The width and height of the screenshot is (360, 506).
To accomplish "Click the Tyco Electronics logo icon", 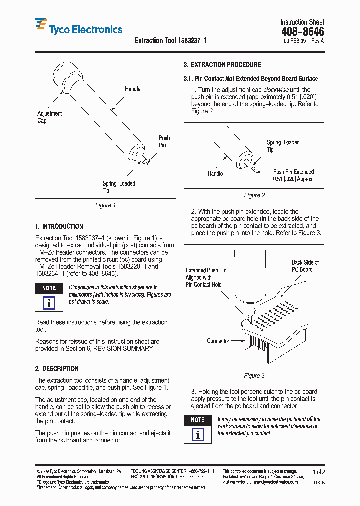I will pos(41,25).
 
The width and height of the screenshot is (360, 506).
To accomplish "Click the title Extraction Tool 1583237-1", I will pos(171,40).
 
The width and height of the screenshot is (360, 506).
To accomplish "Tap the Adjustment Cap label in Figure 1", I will pos(49,117).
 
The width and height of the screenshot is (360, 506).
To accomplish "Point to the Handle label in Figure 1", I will pos(132,89).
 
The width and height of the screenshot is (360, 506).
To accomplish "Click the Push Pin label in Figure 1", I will pos(164,141).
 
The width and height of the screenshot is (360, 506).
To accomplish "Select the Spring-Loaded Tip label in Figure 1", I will pos(119,187).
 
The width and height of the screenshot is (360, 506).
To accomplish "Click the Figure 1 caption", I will pos(105,205).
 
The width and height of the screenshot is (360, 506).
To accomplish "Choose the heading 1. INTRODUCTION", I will pos(59,226).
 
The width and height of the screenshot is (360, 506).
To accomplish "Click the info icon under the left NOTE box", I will pos(49,303).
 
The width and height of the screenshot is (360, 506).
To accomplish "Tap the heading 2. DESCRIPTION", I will pos(57,369).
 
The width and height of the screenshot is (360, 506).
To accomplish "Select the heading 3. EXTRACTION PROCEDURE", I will pos(222,65).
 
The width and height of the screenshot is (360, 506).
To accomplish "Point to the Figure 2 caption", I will pos(254,195).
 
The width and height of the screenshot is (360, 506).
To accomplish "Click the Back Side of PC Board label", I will pos(305,266).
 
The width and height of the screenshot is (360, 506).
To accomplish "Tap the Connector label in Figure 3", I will pos(218,341).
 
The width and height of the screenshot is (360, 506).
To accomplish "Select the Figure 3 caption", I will pos(254,375).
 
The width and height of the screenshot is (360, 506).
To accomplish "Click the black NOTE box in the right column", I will pos(198,420).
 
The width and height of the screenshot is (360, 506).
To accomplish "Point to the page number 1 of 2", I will pos(319,472).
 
